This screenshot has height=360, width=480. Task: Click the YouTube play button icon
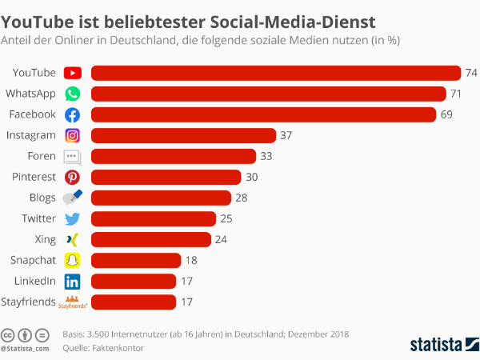[73, 73]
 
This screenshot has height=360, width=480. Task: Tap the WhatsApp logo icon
[73, 94]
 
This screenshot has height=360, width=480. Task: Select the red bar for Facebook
[263, 114]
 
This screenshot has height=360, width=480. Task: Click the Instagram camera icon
[73, 135]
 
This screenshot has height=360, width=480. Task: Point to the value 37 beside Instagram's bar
[286, 135]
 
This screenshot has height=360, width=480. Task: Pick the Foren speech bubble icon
[72, 157]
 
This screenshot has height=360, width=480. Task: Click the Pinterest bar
[166, 177]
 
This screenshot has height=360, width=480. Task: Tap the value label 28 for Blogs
[242, 198]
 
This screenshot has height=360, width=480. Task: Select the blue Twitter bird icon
[73, 219]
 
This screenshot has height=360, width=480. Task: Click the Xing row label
[46, 239]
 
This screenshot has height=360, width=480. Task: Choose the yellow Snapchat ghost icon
[73, 260]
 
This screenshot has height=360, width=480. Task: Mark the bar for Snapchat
[136, 260]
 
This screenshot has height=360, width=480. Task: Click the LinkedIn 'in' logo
[73, 282]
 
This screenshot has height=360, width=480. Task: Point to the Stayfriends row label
[29, 302]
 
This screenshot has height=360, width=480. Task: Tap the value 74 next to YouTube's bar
[471, 73]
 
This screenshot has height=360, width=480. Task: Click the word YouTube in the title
[38, 22]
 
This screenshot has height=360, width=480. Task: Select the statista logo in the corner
[445, 344]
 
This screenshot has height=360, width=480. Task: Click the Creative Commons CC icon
[8, 335]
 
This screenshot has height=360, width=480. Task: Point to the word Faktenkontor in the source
[118, 348]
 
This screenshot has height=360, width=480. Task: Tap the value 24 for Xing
[221, 239]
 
